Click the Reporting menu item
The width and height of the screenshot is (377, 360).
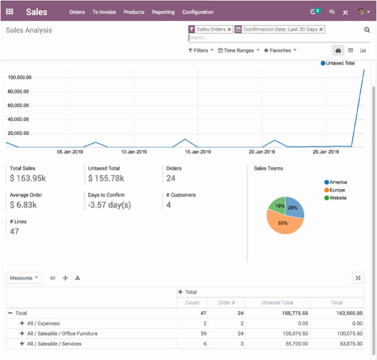pyautogui.click(x=163, y=12)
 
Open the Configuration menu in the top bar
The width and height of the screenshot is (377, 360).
pyautogui.click(x=198, y=12)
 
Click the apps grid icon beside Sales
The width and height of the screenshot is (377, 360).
pyautogui.click(x=10, y=12)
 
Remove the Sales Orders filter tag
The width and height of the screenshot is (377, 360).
pyautogui.click(x=229, y=29)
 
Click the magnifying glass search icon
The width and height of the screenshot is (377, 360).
pyautogui.click(x=367, y=30)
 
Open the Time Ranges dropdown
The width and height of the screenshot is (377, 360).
pyautogui.click(x=238, y=51)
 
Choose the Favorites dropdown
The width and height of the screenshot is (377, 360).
pyautogui.click(x=280, y=51)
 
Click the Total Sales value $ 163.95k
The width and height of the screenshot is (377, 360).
pyautogui.click(x=28, y=178)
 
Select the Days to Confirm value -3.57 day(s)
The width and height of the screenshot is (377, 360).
pyautogui.click(x=109, y=205)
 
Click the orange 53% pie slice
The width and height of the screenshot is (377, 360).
pyautogui.click(x=282, y=224)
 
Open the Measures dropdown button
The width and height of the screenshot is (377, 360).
pyautogui.click(x=24, y=278)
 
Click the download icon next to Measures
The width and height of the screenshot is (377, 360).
pyautogui.click(x=78, y=278)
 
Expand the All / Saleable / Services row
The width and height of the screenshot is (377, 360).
pyautogui.click(x=22, y=344)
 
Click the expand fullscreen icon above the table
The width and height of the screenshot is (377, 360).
pyautogui.click(x=358, y=278)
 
